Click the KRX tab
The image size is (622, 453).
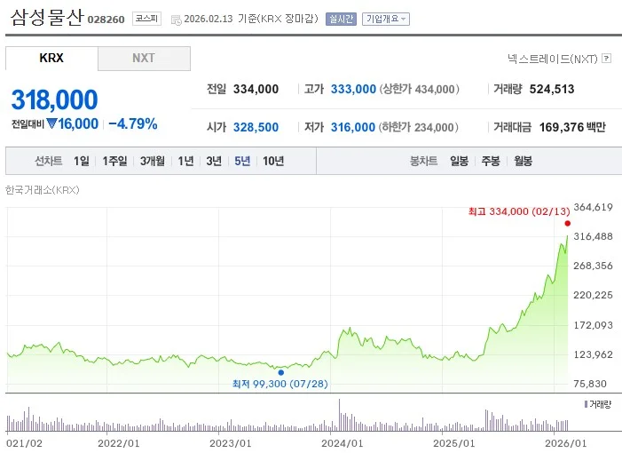coord(51,58)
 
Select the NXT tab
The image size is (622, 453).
coord(144,58)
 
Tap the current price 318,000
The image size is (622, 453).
coord(54,99)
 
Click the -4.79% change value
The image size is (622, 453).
coord(132,123)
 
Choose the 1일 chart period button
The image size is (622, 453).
coord(82,161)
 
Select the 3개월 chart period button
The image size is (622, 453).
coord(153,161)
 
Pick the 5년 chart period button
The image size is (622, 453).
coord(242,161)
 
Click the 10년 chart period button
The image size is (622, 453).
coord(273,161)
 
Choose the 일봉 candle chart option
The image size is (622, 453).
coord(459,161)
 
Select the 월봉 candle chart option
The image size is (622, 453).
coord(523,161)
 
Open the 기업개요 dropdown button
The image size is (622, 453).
coord(385,18)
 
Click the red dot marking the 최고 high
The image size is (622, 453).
coord(567,223)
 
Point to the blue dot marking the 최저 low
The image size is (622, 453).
coord(281,372)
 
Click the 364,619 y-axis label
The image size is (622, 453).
coord(594,207)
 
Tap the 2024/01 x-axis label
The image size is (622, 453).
coord(342,442)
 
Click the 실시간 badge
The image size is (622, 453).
coord(341,18)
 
